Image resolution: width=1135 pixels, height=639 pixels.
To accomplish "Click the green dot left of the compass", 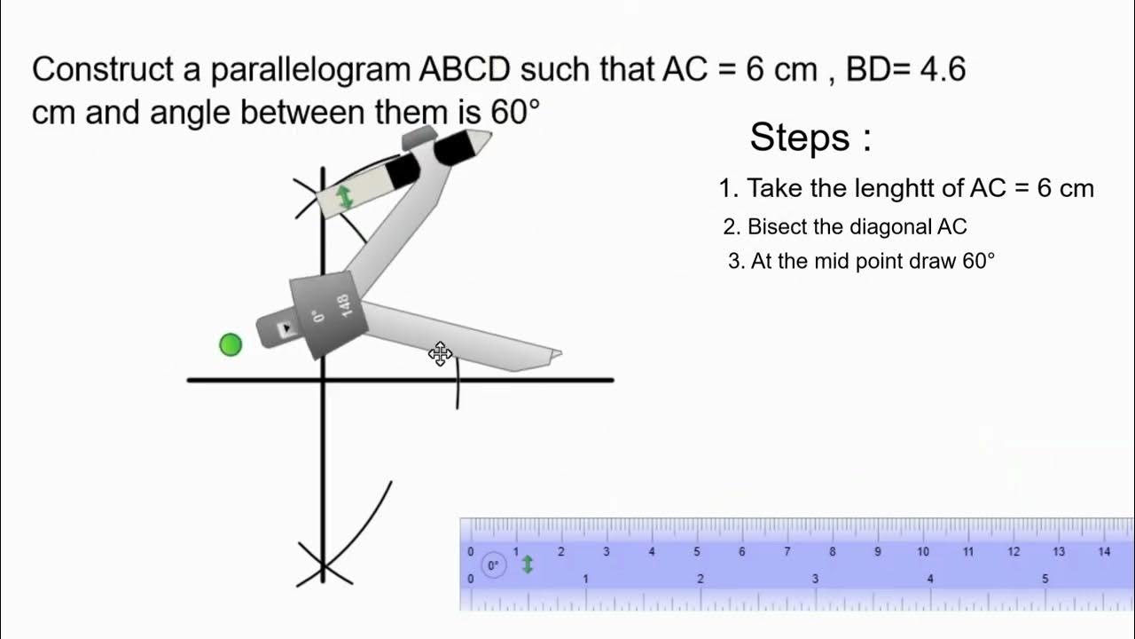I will [x=231, y=344].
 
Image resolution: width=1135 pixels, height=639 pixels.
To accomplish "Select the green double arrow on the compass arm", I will [x=345, y=197].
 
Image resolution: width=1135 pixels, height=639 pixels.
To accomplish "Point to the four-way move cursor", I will [x=440, y=354].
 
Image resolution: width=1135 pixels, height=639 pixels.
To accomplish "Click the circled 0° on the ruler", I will [x=493, y=564].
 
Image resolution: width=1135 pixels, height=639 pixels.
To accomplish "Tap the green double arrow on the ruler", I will [x=528, y=564].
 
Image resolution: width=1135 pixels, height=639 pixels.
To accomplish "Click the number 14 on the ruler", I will [x=1104, y=551].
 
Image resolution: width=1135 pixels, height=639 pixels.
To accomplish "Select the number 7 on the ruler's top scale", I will [x=787, y=551].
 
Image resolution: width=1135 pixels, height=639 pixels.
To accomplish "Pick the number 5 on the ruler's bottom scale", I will [x=1045, y=579].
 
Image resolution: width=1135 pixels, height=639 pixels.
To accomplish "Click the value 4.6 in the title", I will [x=942, y=69].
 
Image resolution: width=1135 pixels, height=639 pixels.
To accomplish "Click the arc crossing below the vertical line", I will [x=324, y=565].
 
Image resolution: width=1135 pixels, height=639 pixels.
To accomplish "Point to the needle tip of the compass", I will [x=558, y=354].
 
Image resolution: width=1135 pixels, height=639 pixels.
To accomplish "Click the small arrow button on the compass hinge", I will [x=286, y=329].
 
